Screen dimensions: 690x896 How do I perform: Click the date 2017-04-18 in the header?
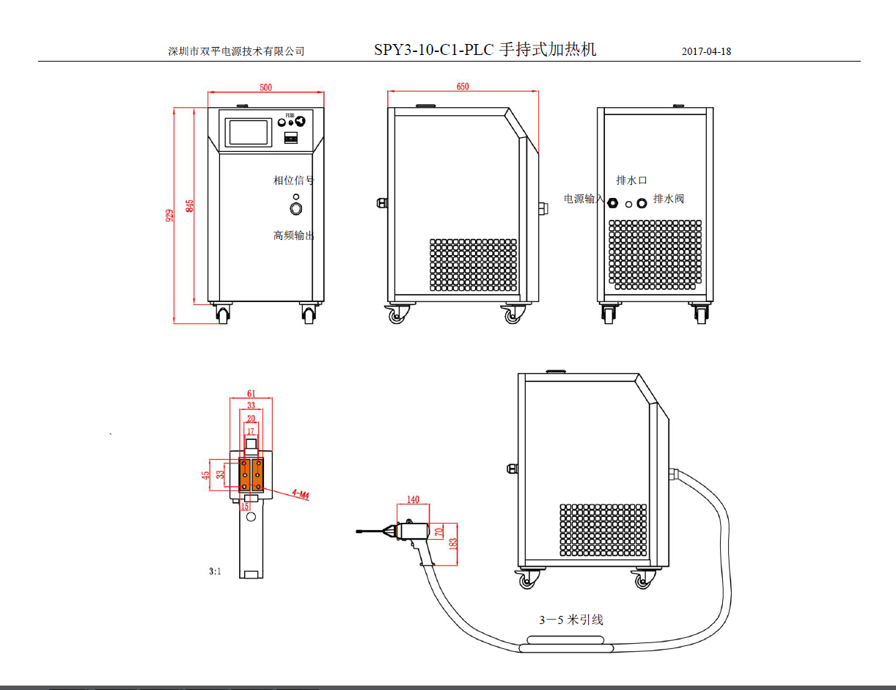pyautogui.click(x=706, y=51)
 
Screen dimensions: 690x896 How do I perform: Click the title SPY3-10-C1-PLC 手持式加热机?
pyautogui.click(x=485, y=50)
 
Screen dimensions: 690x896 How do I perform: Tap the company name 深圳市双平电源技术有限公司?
pyautogui.click(x=236, y=51)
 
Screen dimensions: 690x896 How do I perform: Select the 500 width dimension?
pyautogui.click(x=265, y=88)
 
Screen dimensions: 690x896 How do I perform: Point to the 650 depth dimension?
pyautogui.click(x=463, y=87)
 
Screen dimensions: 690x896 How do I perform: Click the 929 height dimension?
pyautogui.click(x=169, y=216)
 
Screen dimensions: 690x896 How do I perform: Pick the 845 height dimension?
pyautogui.click(x=190, y=206)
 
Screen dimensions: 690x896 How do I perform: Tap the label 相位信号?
pyautogui.click(x=293, y=180)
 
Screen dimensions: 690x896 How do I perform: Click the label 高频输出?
pyautogui.click(x=293, y=235)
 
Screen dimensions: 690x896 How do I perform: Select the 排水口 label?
pyautogui.click(x=631, y=180)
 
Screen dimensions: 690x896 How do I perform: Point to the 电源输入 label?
pyautogui.click(x=584, y=199)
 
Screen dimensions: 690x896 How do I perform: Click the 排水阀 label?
pyautogui.click(x=669, y=199)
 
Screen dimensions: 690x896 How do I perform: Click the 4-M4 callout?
pyautogui.click(x=300, y=494)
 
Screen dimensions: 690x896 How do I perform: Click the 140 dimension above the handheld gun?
pyautogui.click(x=413, y=500)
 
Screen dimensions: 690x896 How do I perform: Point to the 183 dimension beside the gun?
pyautogui.click(x=453, y=543)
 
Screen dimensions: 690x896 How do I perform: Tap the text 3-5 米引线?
pyautogui.click(x=571, y=620)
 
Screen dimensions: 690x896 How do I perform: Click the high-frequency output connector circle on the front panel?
pyautogui.click(x=296, y=210)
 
